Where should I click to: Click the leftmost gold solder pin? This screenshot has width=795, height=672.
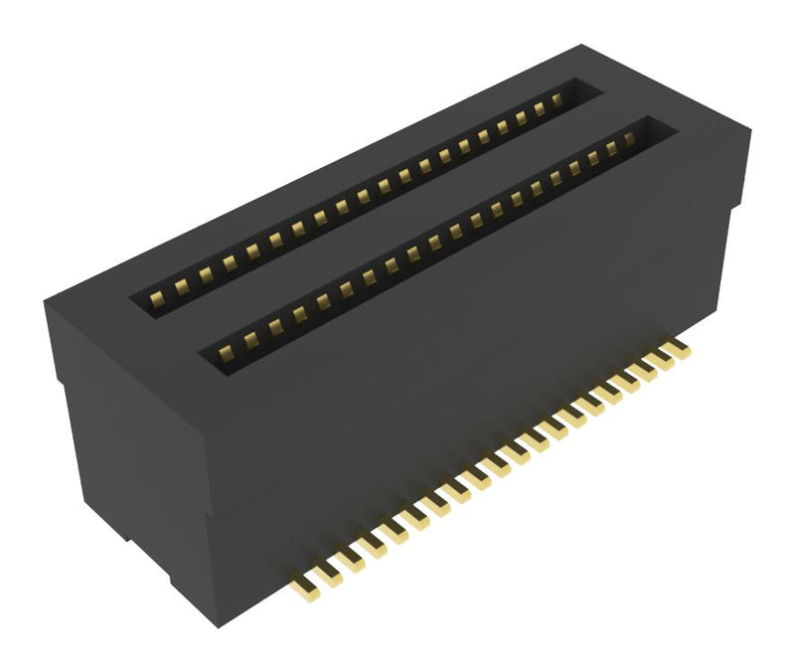(301, 587)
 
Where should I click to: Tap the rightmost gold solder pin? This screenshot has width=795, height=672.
(679, 348)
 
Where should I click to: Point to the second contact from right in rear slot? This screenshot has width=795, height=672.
(541, 108)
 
